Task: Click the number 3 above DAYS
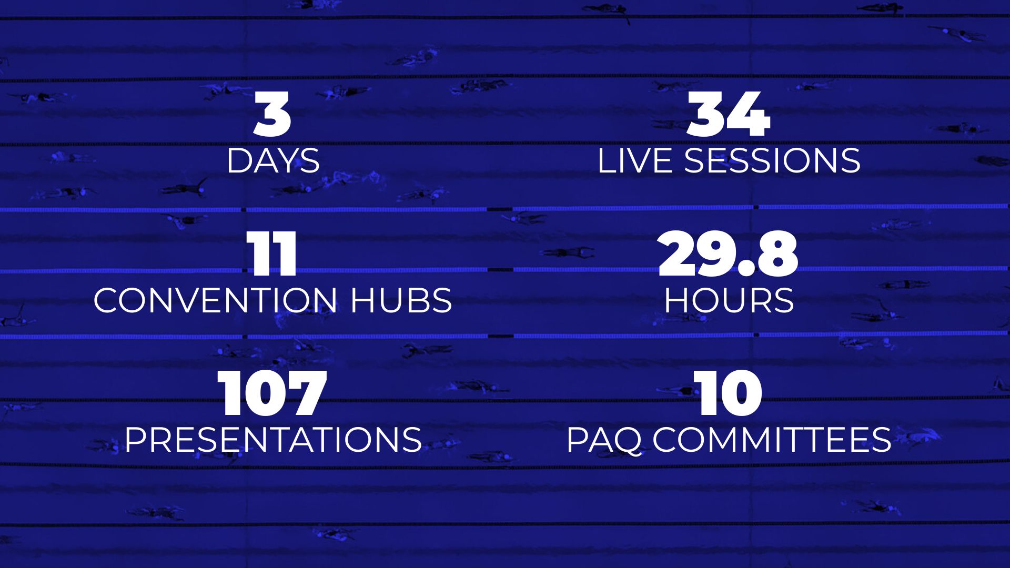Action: (272, 114)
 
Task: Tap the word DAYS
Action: (273, 160)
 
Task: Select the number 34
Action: (729, 114)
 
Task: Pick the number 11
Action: (272, 255)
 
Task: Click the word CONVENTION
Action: (215, 300)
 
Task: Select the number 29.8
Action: (729, 255)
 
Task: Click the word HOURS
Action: (729, 300)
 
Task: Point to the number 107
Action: (272, 393)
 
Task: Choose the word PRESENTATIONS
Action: (273, 439)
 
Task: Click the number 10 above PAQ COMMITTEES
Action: (729, 393)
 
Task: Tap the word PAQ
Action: (604, 440)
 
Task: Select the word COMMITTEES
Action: (772, 439)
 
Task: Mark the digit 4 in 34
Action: (750, 114)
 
